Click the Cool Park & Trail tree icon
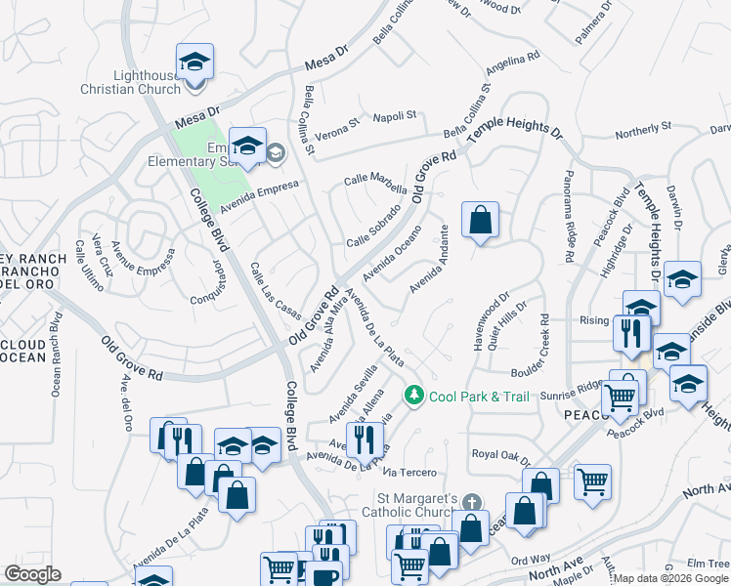415,395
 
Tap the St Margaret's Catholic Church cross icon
472,503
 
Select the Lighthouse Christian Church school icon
195,63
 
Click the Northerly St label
642,127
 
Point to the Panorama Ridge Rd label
568,217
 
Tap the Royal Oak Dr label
500,455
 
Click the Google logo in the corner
32,574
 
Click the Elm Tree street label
709,564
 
